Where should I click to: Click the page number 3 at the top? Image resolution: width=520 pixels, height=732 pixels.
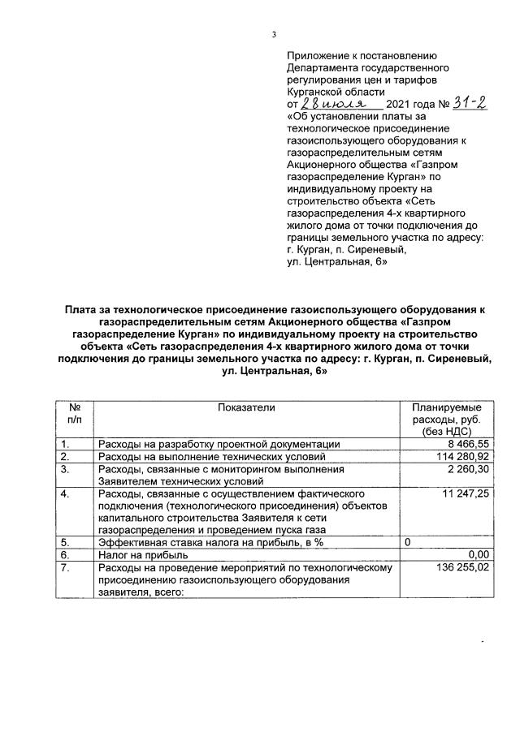[274, 33]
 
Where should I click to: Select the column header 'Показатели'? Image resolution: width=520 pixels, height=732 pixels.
[247, 407]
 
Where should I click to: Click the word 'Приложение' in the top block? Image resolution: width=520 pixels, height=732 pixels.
[319, 55]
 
